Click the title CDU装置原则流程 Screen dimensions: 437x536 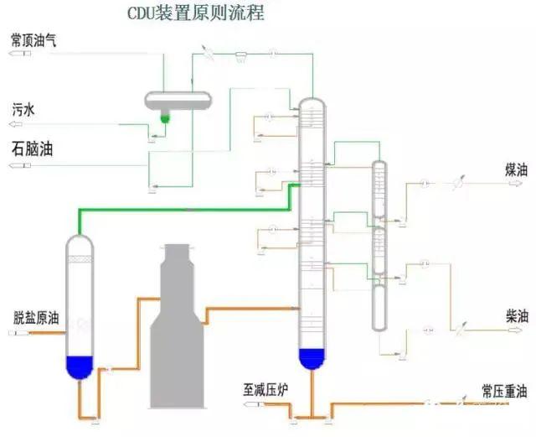tap(194, 13)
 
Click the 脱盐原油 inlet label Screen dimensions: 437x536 tap(36, 318)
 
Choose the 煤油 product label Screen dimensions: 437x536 tap(516, 169)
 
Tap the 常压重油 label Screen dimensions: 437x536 tap(504, 391)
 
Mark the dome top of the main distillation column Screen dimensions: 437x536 tap(311, 104)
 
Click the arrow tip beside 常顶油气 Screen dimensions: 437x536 tap(12, 54)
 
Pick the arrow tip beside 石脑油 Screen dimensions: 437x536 tap(12, 166)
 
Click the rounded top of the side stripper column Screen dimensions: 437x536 tap(380, 164)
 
